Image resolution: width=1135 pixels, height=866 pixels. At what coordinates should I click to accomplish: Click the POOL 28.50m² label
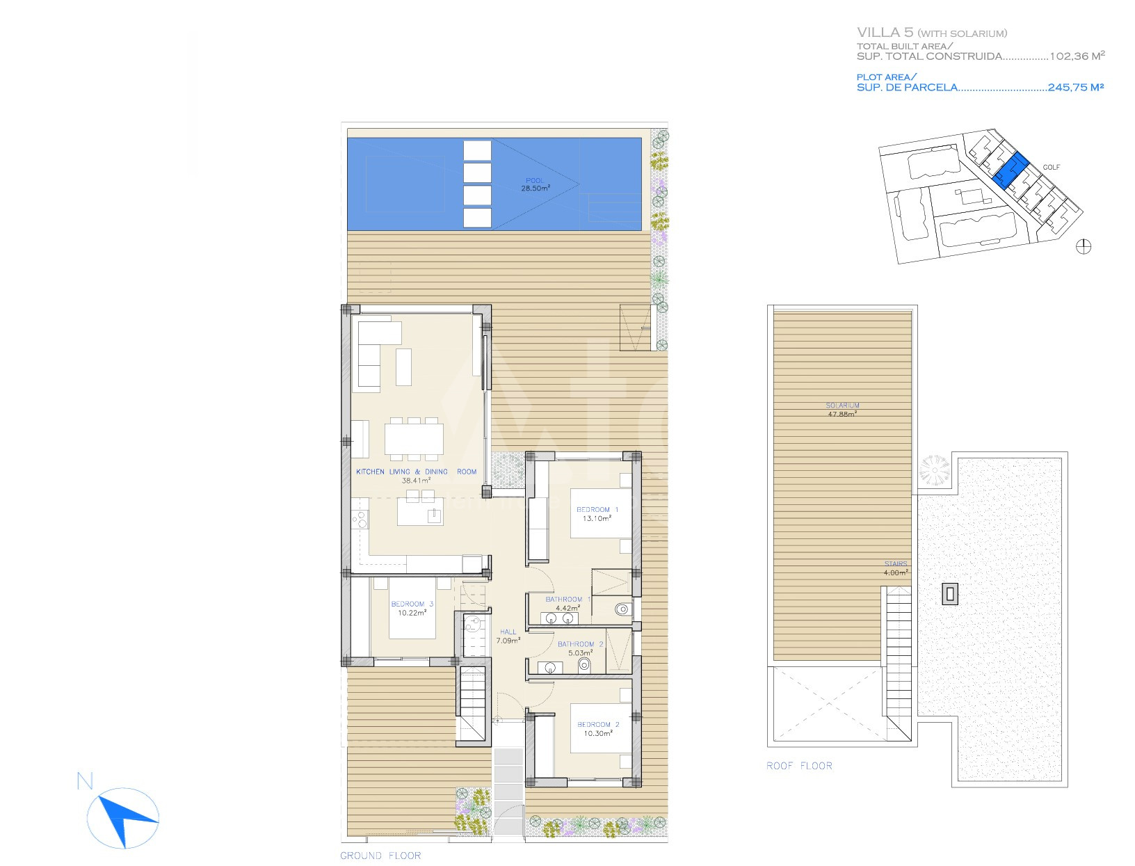(x=536, y=184)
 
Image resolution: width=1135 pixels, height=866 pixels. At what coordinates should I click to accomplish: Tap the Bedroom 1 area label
(x=597, y=514)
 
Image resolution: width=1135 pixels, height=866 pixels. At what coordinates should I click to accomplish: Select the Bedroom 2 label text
(x=598, y=729)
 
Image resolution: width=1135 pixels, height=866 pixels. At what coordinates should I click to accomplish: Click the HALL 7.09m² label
(x=508, y=636)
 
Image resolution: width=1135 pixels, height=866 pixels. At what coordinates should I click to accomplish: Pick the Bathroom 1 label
(x=567, y=604)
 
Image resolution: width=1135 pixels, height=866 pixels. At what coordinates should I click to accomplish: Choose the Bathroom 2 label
(x=580, y=648)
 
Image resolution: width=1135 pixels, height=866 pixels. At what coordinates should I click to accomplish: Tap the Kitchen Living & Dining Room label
(x=417, y=476)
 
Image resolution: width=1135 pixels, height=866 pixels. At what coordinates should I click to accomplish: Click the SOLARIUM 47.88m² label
(x=842, y=410)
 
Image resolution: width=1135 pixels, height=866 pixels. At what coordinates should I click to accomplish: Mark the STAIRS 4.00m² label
(x=896, y=568)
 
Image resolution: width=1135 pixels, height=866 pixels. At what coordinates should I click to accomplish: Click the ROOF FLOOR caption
(x=799, y=766)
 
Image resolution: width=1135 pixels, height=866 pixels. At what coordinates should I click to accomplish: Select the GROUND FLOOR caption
(x=380, y=856)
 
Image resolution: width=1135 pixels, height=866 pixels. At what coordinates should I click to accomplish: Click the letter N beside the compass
(x=85, y=780)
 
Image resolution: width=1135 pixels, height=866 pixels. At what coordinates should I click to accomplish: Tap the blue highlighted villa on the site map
(x=1009, y=171)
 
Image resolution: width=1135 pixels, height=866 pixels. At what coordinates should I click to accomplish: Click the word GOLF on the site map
(x=1052, y=167)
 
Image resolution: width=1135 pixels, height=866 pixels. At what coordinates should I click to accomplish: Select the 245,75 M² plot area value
(x=1076, y=88)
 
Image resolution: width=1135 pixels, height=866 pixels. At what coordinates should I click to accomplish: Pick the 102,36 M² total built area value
(x=1077, y=56)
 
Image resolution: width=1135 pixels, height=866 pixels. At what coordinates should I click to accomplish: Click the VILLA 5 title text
(x=885, y=33)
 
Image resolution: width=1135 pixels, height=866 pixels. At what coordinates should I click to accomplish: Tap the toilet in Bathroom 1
(x=623, y=609)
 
